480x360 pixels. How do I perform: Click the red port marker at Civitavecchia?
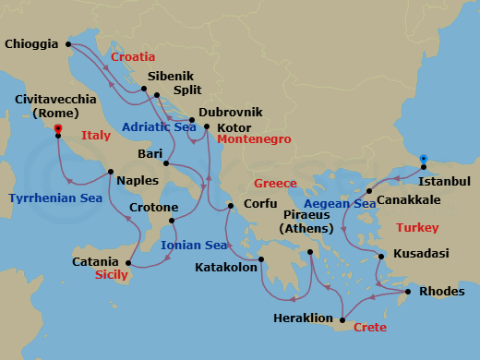tap(58, 129)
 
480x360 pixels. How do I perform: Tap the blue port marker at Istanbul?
tap(423, 159)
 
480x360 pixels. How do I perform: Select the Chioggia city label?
tap(30, 43)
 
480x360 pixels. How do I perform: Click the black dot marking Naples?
tap(111, 172)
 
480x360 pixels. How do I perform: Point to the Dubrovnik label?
tap(231, 112)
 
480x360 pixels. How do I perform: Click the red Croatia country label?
tap(133, 57)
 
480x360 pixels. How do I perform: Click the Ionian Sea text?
tap(194, 246)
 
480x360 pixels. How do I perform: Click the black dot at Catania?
tap(128, 264)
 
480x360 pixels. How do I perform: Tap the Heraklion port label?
tap(303, 318)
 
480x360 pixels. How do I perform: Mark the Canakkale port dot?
tap(369, 191)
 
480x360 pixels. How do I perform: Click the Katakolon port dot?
tap(260, 260)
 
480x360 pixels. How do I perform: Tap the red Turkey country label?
tap(416, 227)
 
